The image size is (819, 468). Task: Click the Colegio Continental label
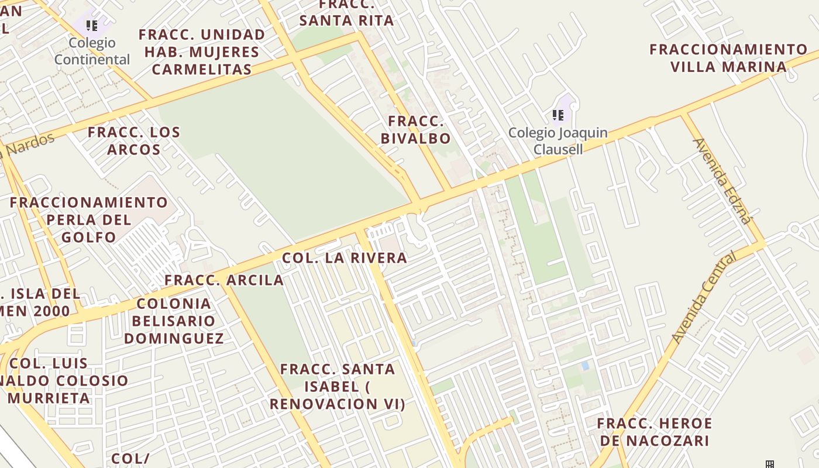(x=92, y=51)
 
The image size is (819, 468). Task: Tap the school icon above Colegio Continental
(x=92, y=25)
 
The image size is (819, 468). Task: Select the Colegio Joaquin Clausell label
(x=558, y=140)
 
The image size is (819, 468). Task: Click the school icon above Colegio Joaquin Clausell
(x=558, y=115)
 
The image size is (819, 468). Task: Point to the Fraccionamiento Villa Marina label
(x=728, y=57)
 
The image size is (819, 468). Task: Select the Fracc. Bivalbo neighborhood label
(x=416, y=130)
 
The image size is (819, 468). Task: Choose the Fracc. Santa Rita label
(x=346, y=13)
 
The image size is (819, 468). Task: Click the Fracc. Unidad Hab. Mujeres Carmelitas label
(x=202, y=51)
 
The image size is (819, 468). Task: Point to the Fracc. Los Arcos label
(x=134, y=140)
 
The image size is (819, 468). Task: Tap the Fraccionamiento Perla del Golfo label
(x=89, y=219)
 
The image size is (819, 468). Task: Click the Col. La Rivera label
(x=344, y=258)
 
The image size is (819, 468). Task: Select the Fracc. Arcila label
(x=224, y=280)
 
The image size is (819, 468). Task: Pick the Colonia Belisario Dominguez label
(x=174, y=321)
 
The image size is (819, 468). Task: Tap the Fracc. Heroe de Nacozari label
(x=654, y=432)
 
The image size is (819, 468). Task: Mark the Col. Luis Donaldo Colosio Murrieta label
(x=58, y=380)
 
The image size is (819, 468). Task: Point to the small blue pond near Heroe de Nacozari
(x=585, y=366)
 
